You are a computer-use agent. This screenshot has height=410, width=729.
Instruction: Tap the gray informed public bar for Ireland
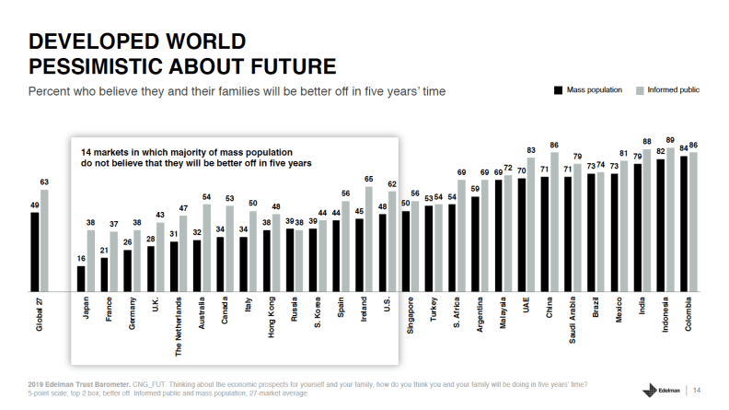coord(369,240)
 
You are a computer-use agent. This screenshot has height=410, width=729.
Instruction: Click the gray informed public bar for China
coord(554,221)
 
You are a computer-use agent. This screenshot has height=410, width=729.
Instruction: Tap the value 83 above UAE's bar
coord(531,149)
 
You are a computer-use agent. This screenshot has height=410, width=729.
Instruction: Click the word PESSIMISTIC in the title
coord(105,66)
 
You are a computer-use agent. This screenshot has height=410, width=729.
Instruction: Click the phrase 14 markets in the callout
coord(105,150)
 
